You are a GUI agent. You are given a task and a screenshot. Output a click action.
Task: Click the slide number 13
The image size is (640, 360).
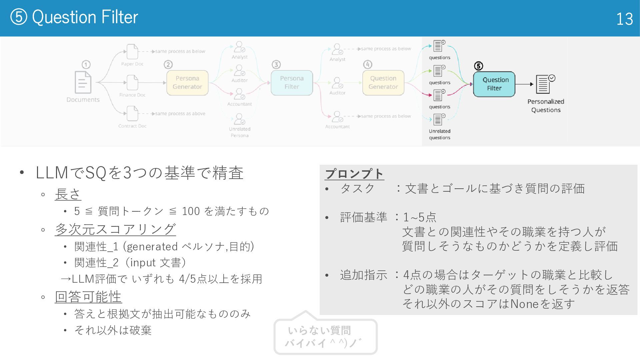click(624, 19)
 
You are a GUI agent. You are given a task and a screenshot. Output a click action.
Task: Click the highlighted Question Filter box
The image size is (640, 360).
click(494, 84)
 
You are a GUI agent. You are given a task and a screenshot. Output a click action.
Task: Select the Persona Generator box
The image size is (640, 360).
click(187, 83)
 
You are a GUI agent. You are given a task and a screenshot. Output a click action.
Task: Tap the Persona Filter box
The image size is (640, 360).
click(292, 83)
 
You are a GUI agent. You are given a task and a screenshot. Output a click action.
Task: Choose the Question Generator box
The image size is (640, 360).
click(383, 83)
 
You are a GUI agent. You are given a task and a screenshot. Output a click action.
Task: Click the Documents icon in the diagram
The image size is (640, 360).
click(83, 82)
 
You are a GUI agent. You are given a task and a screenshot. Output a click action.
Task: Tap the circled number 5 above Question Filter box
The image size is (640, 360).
click(478, 66)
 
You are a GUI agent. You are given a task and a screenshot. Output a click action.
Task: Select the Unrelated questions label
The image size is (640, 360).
click(439, 134)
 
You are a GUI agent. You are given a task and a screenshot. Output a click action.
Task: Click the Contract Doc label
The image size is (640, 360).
click(132, 126)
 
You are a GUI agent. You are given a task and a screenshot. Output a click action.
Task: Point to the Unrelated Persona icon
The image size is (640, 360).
click(239, 119)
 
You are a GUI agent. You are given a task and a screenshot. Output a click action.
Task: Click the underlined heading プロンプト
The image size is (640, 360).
click(354, 174)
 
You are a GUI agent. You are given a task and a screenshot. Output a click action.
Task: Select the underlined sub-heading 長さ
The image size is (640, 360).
click(68, 194)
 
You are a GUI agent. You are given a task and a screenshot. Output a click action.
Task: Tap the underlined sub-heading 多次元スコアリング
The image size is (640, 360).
click(115, 229)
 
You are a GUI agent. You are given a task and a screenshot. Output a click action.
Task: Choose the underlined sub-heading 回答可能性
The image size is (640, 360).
click(88, 297)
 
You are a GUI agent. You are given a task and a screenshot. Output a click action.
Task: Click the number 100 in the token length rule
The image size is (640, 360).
click(191, 211)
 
